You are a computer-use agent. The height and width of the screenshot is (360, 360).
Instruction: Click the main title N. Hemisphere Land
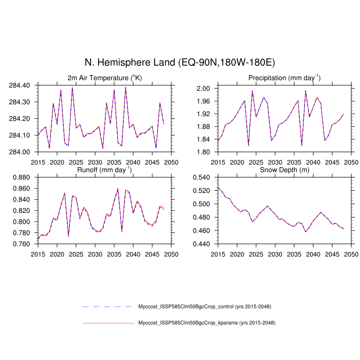180,63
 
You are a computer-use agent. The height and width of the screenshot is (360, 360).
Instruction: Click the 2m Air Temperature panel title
104,78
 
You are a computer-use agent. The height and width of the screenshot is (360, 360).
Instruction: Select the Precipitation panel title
284,78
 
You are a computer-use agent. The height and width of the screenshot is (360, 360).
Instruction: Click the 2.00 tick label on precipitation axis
204,88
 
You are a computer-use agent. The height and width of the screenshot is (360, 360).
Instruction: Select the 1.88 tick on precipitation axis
204,127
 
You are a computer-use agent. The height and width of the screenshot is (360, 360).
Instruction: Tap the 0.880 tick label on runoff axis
23,177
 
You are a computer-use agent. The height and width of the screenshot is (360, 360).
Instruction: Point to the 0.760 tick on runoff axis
23,244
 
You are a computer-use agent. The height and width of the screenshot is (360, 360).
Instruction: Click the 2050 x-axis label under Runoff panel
171,254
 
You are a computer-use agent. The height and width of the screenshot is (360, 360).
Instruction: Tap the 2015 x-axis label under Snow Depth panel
218,254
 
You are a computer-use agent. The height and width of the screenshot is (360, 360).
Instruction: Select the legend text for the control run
204,307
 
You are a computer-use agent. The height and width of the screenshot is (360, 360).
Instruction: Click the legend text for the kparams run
206,323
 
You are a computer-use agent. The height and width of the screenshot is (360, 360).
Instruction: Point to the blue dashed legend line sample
107,307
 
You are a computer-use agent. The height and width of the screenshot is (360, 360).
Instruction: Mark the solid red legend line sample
107,323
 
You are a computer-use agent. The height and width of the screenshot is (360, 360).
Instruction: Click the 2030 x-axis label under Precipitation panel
275,162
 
